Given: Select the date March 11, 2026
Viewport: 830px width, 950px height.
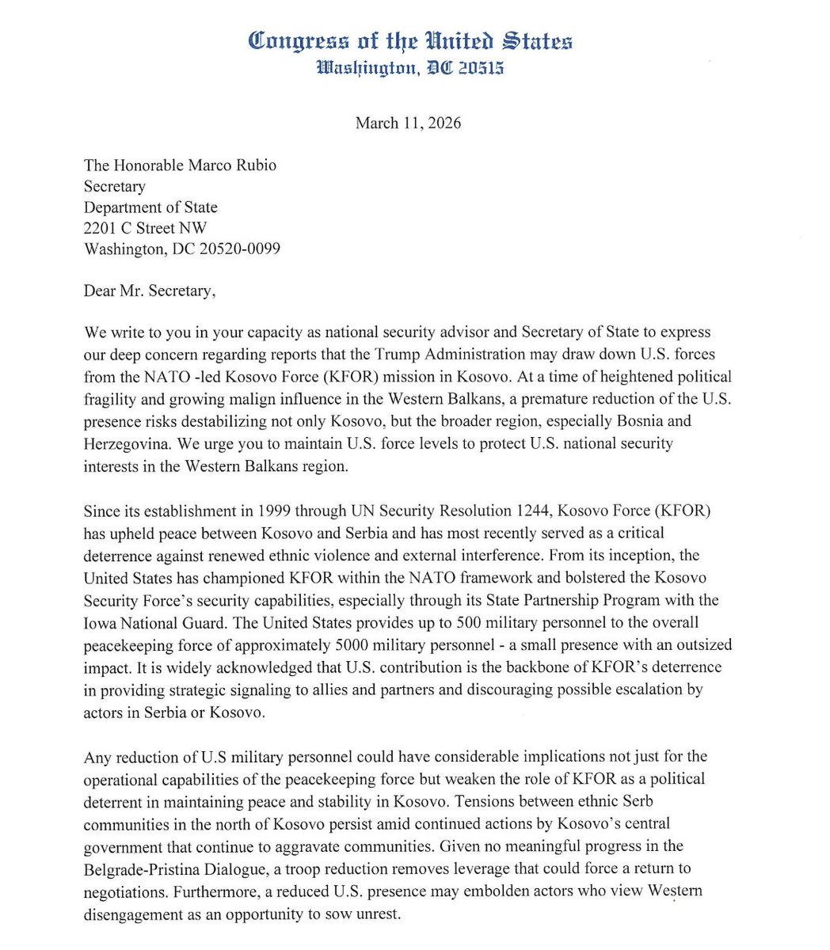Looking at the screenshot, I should tap(408, 123).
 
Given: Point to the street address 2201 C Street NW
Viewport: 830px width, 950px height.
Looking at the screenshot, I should tap(145, 228).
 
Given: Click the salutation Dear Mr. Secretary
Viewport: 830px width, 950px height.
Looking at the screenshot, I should tap(149, 291).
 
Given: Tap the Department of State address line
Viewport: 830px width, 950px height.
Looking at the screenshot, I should tap(150, 207).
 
